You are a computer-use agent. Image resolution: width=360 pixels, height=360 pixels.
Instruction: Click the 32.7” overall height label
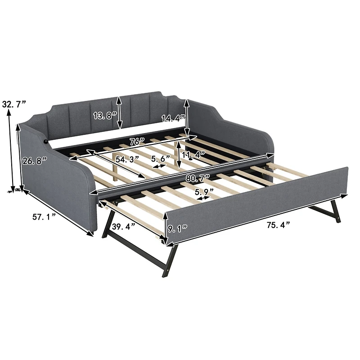click(15, 105)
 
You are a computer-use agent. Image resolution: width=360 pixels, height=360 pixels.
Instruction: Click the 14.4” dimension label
click(174, 119)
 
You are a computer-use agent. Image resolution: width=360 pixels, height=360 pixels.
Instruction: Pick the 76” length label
click(136, 141)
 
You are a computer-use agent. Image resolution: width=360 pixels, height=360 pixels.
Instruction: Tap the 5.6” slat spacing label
click(161, 159)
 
